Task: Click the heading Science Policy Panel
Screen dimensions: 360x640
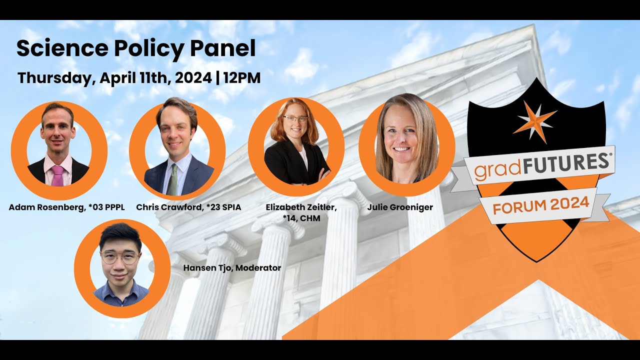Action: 136,48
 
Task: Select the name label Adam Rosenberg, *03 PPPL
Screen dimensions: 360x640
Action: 66,207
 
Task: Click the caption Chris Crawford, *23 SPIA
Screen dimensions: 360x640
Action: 188,207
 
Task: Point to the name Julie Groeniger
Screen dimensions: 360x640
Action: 400,207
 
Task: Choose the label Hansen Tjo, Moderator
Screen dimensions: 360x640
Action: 232,268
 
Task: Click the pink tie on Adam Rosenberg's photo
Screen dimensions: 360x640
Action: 58,175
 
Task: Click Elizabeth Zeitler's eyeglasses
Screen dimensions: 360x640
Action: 295,119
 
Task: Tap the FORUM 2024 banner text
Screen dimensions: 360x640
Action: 541,204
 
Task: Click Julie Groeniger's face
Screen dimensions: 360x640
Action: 406,135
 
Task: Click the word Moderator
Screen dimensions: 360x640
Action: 258,268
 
